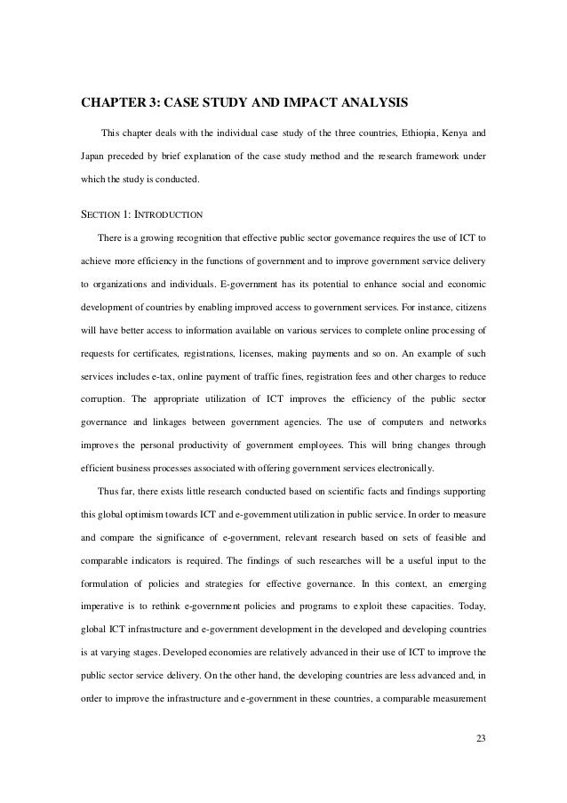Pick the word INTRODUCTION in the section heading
pos(166,214)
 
